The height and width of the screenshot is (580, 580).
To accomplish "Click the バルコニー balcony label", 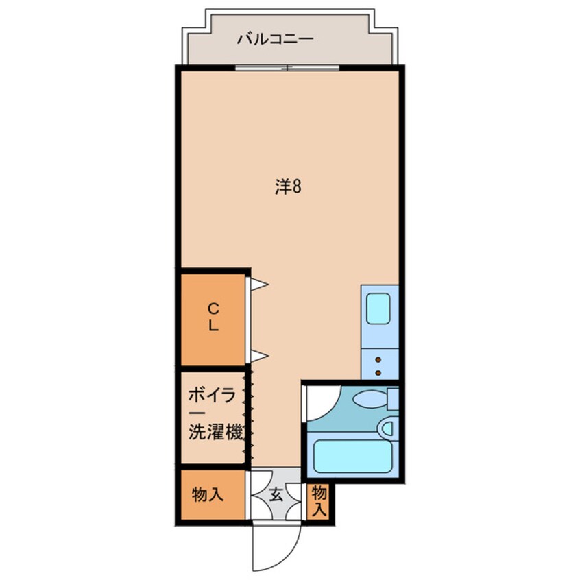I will click(x=275, y=39).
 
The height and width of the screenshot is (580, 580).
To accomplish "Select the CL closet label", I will click(x=213, y=317).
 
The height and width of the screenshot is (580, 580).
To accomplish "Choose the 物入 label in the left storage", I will click(x=208, y=494).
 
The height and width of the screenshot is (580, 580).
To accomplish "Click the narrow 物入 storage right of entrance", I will click(x=319, y=500).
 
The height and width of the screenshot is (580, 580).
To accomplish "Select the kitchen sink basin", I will click(x=378, y=309).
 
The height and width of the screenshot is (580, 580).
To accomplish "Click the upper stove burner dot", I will click(x=378, y=360).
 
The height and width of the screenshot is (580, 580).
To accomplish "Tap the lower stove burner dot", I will click(x=378, y=373).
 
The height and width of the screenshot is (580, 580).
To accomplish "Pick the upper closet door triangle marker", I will click(x=258, y=283).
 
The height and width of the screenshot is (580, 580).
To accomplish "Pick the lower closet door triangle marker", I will click(x=258, y=355).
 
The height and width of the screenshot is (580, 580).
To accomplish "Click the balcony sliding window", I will click(x=287, y=67).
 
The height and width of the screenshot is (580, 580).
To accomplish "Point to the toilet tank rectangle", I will click(x=392, y=399).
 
